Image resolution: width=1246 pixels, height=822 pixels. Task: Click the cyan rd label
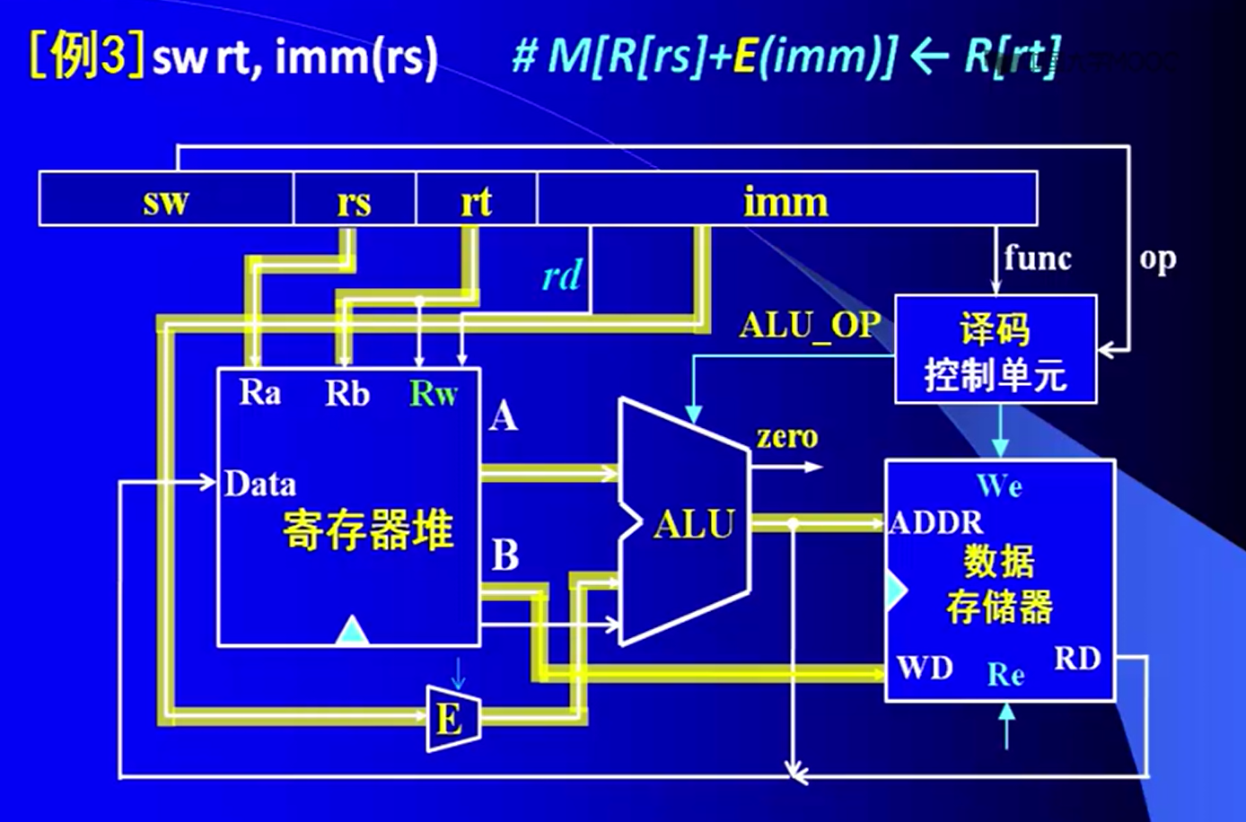562,275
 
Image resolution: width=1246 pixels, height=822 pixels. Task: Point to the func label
1038,258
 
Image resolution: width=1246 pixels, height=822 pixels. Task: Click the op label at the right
1157,258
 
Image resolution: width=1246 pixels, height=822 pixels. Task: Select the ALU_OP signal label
809,325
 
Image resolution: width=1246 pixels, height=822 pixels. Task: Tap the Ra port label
259,392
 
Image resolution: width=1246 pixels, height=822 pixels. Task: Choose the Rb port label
347,393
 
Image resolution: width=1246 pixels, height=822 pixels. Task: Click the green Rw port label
434,393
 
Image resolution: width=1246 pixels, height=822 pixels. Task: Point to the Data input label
259,485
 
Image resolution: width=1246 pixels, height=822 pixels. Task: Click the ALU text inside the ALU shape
694,524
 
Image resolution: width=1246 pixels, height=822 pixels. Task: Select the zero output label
786,437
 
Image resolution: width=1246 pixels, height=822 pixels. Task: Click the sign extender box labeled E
452,719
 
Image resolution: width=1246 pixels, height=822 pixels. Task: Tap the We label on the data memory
999,486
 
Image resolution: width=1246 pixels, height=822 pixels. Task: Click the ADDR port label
935,522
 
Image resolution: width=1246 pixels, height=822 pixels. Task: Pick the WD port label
925,669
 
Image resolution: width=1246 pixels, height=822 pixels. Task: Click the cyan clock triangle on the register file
352,632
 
